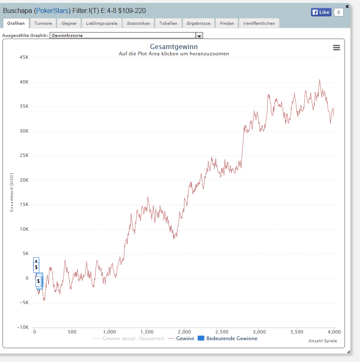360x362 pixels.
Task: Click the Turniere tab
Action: tap(43, 23)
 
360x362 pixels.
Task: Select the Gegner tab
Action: tap(69, 23)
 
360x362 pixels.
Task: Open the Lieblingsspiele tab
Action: tap(102, 23)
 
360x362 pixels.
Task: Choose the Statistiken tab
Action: tap(138, 23)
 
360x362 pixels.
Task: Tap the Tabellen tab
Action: tap(168, 23)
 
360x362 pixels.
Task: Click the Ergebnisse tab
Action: tap(199, 23)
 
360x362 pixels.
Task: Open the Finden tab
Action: tap(227, 23)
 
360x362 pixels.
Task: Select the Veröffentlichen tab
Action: tap(259, 23)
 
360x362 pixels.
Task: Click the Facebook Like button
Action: tap(321, 12)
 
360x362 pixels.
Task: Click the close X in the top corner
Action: tap(347, 6)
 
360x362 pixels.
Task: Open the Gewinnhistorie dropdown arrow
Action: tap(199, 36)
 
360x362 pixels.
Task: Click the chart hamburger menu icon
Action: tap(337, 47)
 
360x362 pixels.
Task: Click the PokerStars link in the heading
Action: tap(52, 10)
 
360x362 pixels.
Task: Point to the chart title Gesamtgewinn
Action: tap(174, 47)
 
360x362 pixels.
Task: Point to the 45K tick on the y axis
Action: tap(24, 57)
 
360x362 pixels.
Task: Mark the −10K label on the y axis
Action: tap(23, 327)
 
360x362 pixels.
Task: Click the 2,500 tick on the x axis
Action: tap(222, 332)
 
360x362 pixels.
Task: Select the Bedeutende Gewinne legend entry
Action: tap(228, 339)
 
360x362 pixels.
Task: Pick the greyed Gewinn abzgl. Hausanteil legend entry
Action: tap(129, 339)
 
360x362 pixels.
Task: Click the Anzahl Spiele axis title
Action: tap(323, 341)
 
